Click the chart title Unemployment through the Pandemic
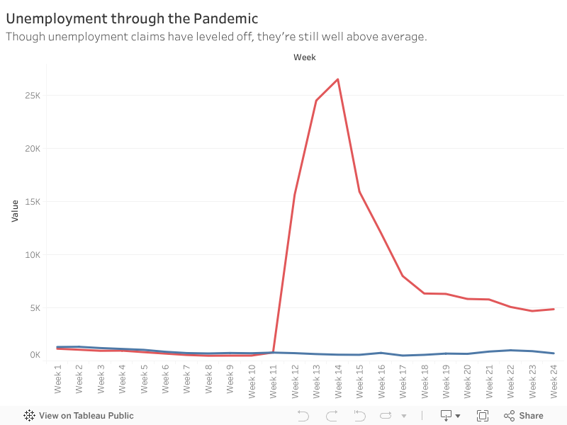click(x=132, y=18)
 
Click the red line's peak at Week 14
click(x=338, y=79)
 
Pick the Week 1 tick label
click(x=57, y=380)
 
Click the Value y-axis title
click(x=15, y=210)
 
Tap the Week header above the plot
click(x=305, y=57)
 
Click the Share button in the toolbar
click(x=524, y=416)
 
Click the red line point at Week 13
click(x=316, y=101)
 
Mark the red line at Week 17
click(x=403, y=276)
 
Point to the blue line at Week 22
click(x=510, y=350)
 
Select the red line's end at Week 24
click(x=554, y=309)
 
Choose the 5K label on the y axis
click(x=35, y=308)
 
